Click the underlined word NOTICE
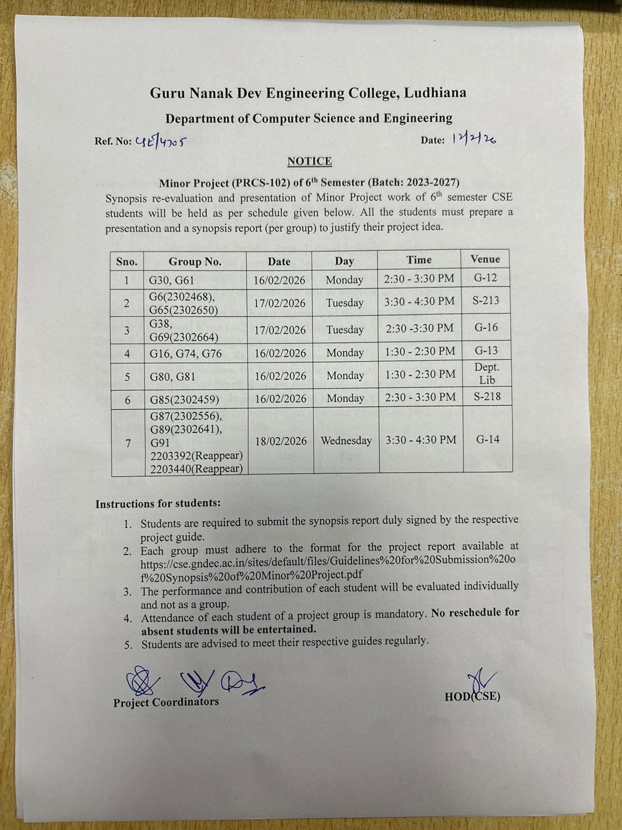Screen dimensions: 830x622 tap(309, 161)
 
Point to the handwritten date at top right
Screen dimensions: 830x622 tap(473, 139)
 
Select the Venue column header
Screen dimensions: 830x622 tap(485, 259)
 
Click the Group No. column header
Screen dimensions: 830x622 tap(195, 261)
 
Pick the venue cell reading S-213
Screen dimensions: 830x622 tap(486, 300)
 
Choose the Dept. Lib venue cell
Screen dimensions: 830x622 tap(487, 374)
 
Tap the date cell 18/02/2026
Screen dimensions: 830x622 tap(281, 441)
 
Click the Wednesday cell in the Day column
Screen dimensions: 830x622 tap(346, 440)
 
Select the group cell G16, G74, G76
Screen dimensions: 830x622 tap(186, 354)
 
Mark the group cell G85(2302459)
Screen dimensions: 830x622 tap(185, 399)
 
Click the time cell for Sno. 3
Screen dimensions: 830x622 tap(420, 328)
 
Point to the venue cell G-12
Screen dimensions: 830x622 tap(485, 278)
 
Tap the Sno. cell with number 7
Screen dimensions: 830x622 tap(128, 442)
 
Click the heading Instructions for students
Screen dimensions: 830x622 tap(158, 504)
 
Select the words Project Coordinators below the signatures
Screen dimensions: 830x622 tap(166, 702)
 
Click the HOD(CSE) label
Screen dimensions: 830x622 tap(472, 696)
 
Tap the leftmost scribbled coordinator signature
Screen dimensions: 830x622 tap(141, 681)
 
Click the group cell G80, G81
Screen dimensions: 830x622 tap(173, 377)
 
